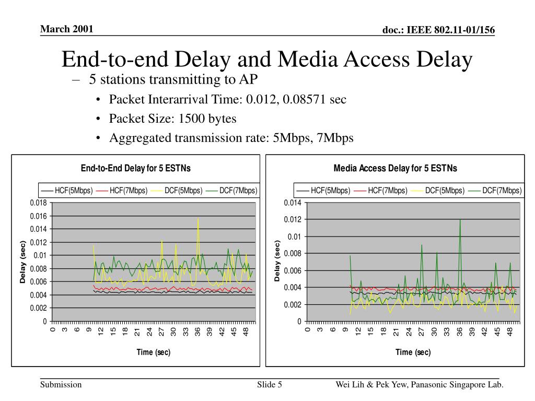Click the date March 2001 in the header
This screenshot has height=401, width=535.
66,29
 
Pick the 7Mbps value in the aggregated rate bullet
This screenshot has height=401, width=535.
335,138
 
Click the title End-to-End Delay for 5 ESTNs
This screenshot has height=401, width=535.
136,168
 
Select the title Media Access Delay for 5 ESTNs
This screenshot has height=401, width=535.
396,168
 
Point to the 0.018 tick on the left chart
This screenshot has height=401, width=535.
38,203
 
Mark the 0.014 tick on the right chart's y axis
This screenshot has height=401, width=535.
293,203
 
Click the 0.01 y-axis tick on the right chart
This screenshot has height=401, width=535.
295,237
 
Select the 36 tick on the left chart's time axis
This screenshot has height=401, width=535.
197,332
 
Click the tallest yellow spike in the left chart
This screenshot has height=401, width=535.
198,219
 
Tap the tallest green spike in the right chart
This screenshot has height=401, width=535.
460,220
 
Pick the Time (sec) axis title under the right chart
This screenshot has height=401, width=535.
413,352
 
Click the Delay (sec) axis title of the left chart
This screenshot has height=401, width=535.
23,262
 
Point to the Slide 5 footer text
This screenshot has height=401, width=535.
270,385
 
